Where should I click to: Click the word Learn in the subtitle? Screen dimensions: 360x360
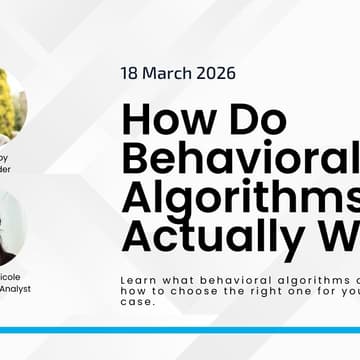tap(136, 281)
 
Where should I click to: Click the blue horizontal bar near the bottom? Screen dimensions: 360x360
tap(180, 329)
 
